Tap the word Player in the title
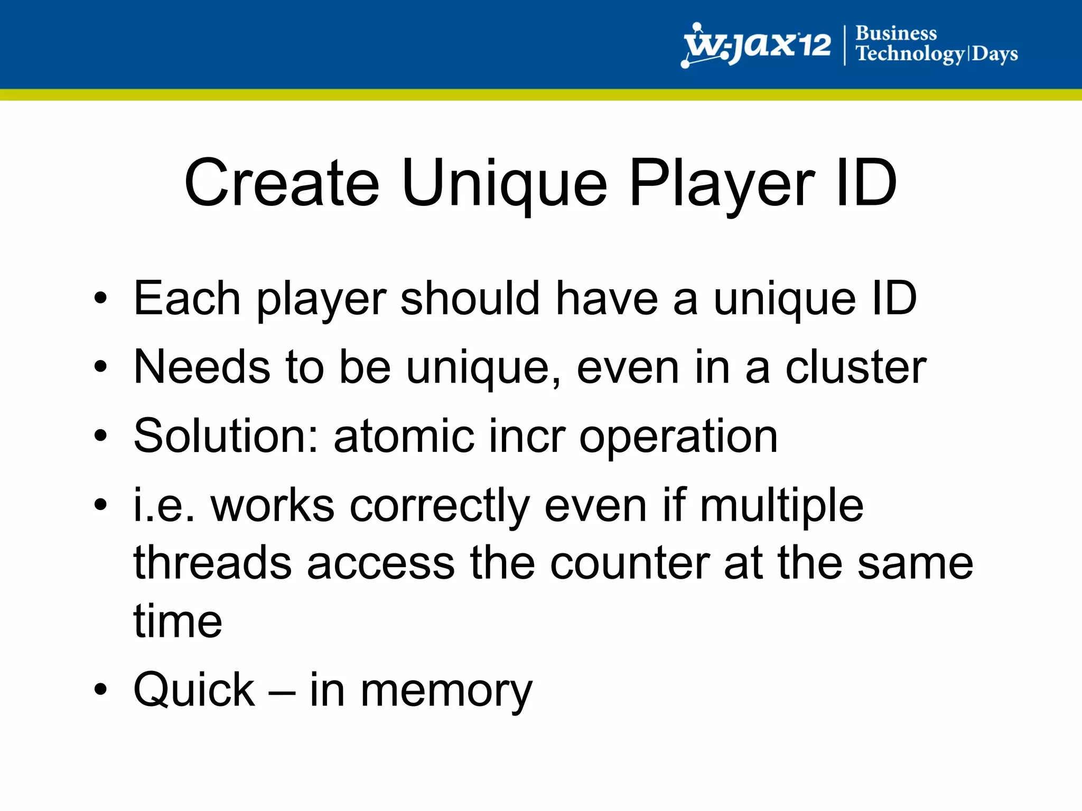pos(722,185)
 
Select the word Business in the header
pos(896,33)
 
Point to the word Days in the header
pos(995,54)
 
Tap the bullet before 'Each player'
pos(100,299)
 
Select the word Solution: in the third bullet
pos(226,436)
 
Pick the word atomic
pos(404,436)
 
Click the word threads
pos(212,563)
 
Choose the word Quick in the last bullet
pos(194,690)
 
